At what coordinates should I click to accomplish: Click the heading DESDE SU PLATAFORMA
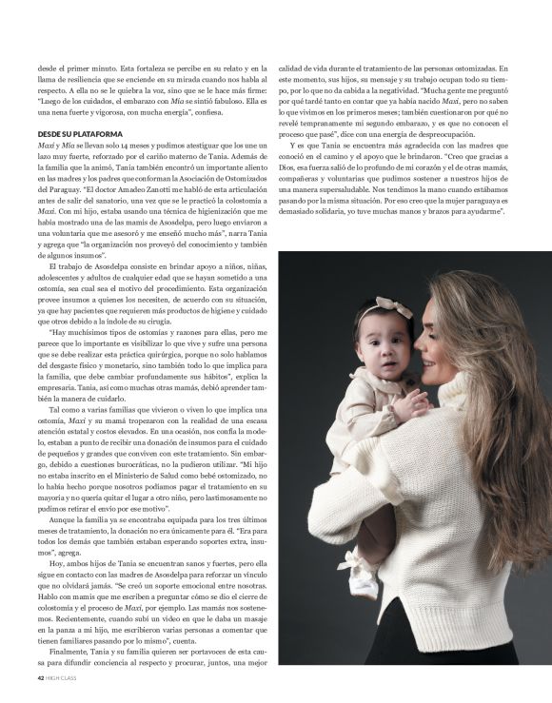pos(83,134)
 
